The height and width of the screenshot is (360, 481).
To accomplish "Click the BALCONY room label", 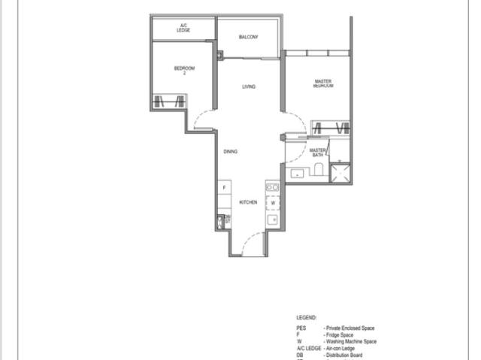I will tap(249, 37).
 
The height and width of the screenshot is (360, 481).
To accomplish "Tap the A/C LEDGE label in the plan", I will tap(183, 29).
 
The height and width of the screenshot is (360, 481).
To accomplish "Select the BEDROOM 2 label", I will tap(184, 71).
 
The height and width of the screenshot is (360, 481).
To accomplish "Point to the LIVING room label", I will tap(249, 87).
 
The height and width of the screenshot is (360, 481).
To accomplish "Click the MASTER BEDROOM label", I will tap(323, 83).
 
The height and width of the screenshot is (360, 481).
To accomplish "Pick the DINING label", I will tap(231, 152).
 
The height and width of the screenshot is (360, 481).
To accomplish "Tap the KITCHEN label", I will tap(248, 202).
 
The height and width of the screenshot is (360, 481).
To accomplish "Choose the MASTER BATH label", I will tap(317, 153).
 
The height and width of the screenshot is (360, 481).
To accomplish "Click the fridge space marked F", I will tap(223, 186).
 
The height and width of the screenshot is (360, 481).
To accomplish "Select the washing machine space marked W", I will tap(274, 203).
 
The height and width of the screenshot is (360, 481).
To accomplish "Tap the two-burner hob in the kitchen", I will tap(273, 187).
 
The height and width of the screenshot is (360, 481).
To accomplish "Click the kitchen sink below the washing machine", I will tap(273, 219).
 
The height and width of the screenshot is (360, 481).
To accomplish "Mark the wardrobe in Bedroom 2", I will tap(169, 101).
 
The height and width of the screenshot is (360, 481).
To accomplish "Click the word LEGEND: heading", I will tap(307, 319).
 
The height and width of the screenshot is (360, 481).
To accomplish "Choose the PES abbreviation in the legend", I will tap(301, 328).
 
